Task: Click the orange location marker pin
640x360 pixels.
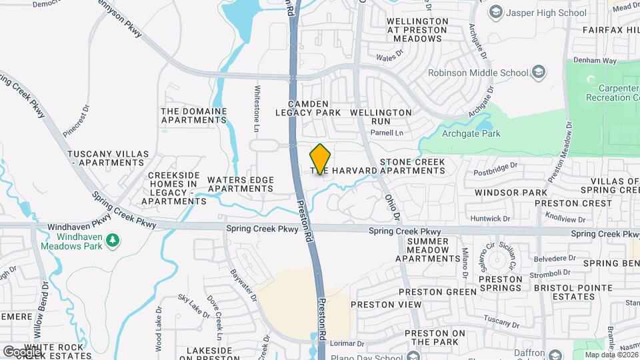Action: point(321,159)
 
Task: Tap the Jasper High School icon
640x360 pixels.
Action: point(496,13)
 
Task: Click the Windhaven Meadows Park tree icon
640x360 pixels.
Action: point(113,238)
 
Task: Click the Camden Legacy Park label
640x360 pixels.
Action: point(308,109)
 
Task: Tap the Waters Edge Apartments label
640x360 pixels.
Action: point(241,184)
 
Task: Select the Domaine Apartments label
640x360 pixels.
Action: point(194,115)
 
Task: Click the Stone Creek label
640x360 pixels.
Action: point(411,162)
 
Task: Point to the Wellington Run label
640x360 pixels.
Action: point(381,117)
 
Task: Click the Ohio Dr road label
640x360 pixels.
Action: point(393,207)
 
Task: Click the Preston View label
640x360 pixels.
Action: point(386,305)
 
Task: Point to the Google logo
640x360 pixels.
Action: point(21,351)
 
